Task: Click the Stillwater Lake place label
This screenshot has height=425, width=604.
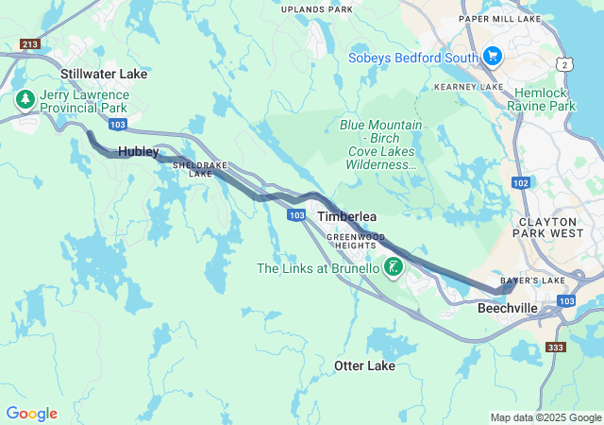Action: click(x=104, y=73)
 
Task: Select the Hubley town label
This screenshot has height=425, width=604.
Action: click(x=139, y=151)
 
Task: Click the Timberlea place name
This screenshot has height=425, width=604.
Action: click(x=345, y=216)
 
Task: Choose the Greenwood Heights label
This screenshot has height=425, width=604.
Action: click(x=359, y=240)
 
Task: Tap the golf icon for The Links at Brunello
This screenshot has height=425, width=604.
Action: click(x=393, y=268)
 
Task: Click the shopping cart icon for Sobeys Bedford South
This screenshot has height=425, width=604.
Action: click(x=491, y=57)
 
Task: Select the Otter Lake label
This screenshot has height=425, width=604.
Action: click(x=364, y=365)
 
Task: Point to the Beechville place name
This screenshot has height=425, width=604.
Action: click(x=508, y=308)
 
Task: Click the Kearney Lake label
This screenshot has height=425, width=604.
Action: click(x=468, y=87)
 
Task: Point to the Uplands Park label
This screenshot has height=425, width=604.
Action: click(x=316, y=9)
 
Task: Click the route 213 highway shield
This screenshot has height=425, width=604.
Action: click(x=28, y=43)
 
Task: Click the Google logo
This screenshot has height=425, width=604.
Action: click(x=32, y=414)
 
